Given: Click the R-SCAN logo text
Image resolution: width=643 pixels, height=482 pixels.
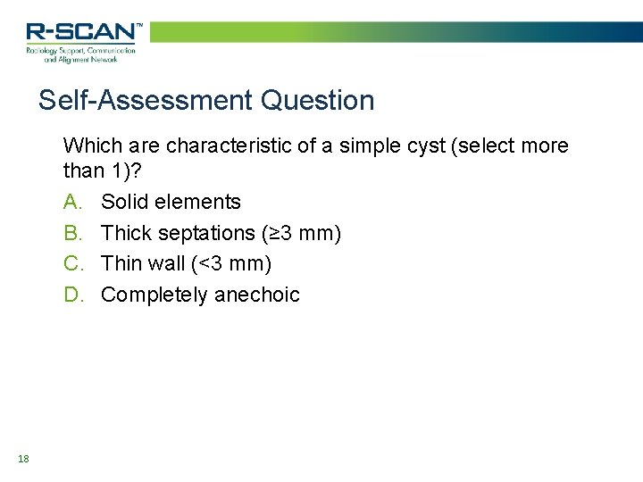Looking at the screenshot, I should tap(81, 33).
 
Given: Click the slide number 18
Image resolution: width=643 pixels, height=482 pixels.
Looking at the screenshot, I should tap(23, 459).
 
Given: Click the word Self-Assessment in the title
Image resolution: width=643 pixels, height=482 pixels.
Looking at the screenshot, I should tap(146, 100).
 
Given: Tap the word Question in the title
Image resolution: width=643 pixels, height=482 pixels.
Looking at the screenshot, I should tap(318, 100).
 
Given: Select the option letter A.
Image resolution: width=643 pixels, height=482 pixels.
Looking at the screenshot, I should tap(72, 202).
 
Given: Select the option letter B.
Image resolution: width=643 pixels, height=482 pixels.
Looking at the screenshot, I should tap(72, 233).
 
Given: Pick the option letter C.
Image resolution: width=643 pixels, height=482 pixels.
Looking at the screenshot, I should tap(72, 263).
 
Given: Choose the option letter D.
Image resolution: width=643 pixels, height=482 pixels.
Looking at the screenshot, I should tap(72, 295).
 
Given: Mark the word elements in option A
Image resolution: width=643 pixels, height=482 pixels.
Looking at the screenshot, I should tap(197, 202).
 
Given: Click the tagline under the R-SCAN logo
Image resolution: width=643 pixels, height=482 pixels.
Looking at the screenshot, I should tap(81, 56).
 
